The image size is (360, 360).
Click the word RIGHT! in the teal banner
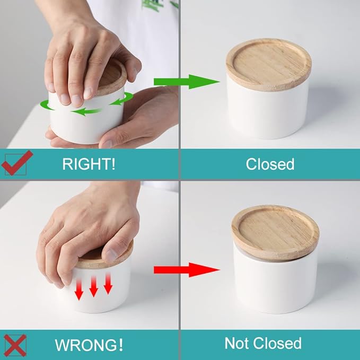pos(89,164)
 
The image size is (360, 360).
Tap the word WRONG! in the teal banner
pos(89,345)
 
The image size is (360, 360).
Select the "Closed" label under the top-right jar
pos(270,164)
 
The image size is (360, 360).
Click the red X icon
pos(15,345)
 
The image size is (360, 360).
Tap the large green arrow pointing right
pos(187,82)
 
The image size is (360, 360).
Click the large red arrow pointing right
pos(187,270)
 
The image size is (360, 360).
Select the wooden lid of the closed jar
pos(269,65)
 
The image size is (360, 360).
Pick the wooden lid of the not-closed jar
pos(275,232)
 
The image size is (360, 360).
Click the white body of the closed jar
pos(267,112)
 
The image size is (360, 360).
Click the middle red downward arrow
pos(93,286)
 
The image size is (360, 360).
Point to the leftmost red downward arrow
pos(79,289)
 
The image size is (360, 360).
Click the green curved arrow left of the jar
pos(47,105)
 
